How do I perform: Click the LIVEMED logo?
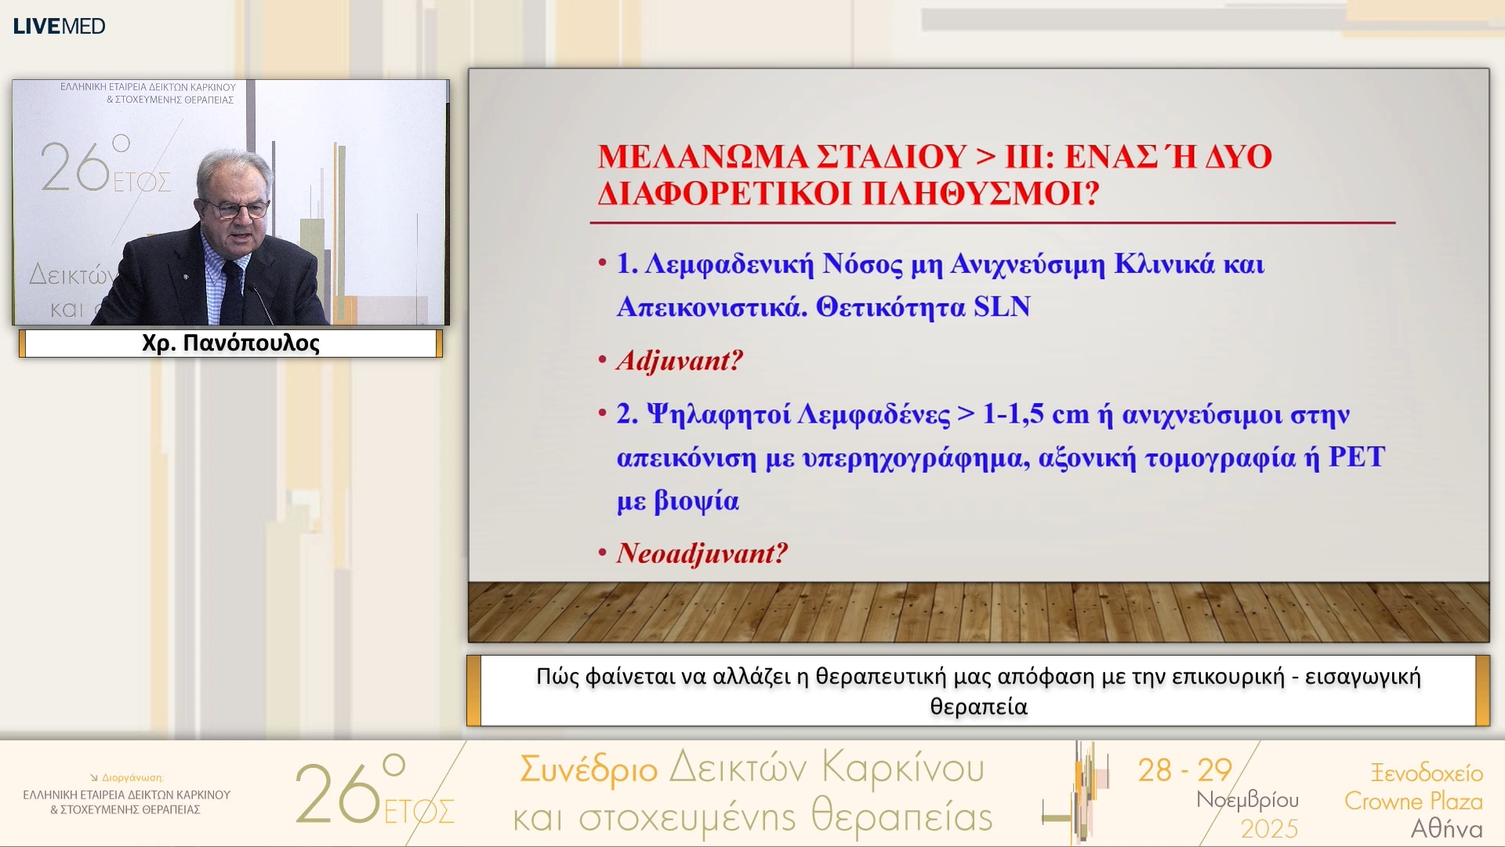60,26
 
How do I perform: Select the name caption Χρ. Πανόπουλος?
230,344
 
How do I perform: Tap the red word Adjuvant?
680,361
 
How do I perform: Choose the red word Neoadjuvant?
702,554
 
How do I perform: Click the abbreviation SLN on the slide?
1002,307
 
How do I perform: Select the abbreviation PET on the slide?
1356,457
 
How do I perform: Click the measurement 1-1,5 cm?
1035,414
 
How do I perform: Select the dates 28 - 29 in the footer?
1185,770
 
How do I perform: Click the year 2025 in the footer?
1269,828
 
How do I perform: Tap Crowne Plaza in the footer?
1413,801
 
